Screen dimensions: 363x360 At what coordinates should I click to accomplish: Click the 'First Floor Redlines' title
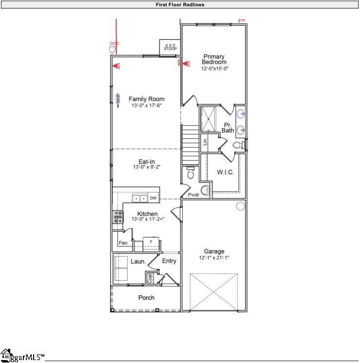click(x=180, y=4)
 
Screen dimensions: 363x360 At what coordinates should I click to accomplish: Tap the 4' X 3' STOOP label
click(x=170, y=47)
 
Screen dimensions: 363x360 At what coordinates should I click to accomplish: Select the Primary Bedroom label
click(x=214, y=59)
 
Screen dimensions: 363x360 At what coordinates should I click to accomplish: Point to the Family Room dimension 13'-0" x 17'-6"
click(x=146, y=106)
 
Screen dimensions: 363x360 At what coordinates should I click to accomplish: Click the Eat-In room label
click(x=147, y=161)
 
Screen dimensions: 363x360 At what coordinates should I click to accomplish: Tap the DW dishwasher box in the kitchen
click(x=153, y=198)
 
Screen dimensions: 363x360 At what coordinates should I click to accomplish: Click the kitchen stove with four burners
click(x=118, y=217)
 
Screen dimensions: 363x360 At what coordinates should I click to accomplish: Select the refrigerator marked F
click(x=151, y=242)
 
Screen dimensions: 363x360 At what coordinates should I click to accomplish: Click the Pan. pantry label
click(x=124, y=243)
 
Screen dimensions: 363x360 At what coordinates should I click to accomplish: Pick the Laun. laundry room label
click(x=138, y=262)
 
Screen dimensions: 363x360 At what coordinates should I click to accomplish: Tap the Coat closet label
click(x=150, y=278)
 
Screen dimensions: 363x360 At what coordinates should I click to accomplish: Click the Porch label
click(x=147, y=298)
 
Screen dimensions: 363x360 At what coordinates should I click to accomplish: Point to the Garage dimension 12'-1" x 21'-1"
click(x=214, y=258)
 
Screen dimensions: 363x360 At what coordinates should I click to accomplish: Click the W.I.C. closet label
click(x=226, y=172)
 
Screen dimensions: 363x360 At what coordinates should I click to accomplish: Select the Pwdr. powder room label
click(x=194, y=195)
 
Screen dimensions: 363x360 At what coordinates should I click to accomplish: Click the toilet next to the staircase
click(x=191, y=173)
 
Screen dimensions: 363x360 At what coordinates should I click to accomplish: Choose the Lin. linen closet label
click(x=205, y=141)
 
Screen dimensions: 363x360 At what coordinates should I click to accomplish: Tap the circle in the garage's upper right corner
click(x=240, y=206)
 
